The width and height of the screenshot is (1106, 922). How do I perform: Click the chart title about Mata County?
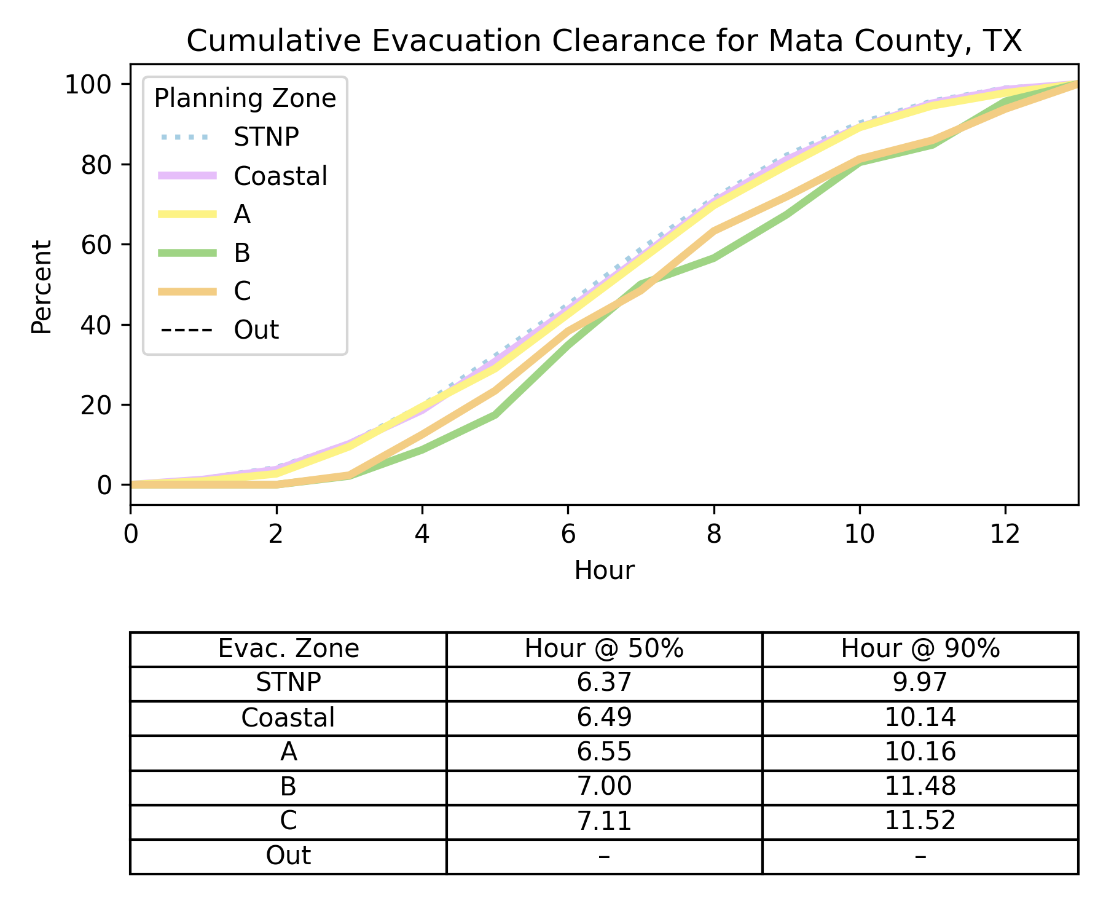point(604,41)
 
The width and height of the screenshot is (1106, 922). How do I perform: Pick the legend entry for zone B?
point(242,253)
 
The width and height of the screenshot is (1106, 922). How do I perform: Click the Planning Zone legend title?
point(245,98)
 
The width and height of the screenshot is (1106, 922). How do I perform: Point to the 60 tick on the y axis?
point(96,245)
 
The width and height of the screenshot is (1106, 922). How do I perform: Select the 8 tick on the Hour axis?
point(713,535)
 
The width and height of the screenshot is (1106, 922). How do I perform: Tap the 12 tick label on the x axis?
point(1005,535)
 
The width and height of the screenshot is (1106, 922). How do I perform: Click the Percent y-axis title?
point(42,287)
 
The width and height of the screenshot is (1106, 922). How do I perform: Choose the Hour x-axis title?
point(604,570)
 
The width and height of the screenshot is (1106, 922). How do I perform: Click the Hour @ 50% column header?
point(604,649)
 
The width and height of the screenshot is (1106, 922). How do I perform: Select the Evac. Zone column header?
point(288,649)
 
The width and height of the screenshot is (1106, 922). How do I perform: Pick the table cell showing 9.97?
point(920,683)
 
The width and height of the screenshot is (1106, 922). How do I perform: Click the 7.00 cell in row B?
point(604,787)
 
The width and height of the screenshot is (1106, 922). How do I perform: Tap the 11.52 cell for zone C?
point(920,821)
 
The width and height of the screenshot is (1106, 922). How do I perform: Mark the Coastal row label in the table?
point(288,718)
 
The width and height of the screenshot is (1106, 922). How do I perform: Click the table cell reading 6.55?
point(604,752)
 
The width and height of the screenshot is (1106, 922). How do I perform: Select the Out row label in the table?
point(288,856)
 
